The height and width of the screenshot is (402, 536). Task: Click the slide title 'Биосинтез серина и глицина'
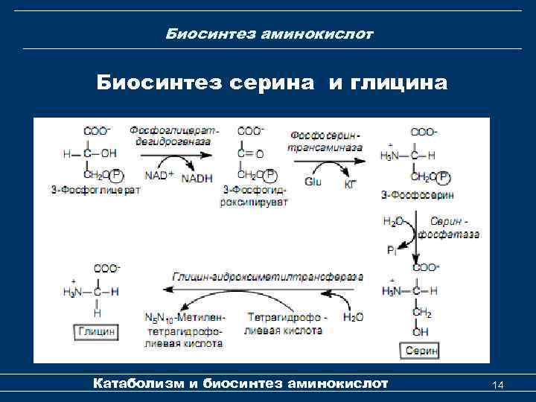tap(272, 83)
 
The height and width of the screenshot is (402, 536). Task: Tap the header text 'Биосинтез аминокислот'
tap(269, 34)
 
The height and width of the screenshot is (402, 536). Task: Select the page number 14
tap(498, 384)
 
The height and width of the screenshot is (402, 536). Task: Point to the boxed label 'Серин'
tap(422, 349)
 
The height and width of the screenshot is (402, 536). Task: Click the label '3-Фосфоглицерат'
tap(101, 190)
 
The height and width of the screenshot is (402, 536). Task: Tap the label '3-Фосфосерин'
tap(417, 195)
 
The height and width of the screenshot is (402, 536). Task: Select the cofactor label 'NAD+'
tap(159, 176)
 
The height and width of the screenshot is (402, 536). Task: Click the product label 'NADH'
tap(197, 178)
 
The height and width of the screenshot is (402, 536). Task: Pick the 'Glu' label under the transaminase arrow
tap(313, 181)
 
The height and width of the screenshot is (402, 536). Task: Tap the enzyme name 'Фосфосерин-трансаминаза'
tap(325, 141)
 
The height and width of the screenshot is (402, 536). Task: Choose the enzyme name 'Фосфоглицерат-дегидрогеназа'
tap(173, 135)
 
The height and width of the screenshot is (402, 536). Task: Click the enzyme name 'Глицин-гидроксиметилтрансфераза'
tap(267, 276)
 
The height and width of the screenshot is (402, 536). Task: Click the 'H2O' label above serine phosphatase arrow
tap(393, 221)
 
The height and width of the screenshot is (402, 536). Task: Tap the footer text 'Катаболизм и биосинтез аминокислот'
tap(240, 383)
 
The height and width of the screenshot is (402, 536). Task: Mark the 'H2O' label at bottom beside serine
tap(353, 318)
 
